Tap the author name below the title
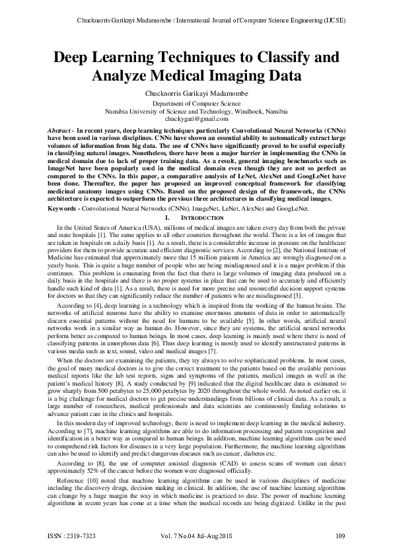pos(196,94)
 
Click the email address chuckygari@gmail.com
pos(196,119)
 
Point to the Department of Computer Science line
pos(196,104)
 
